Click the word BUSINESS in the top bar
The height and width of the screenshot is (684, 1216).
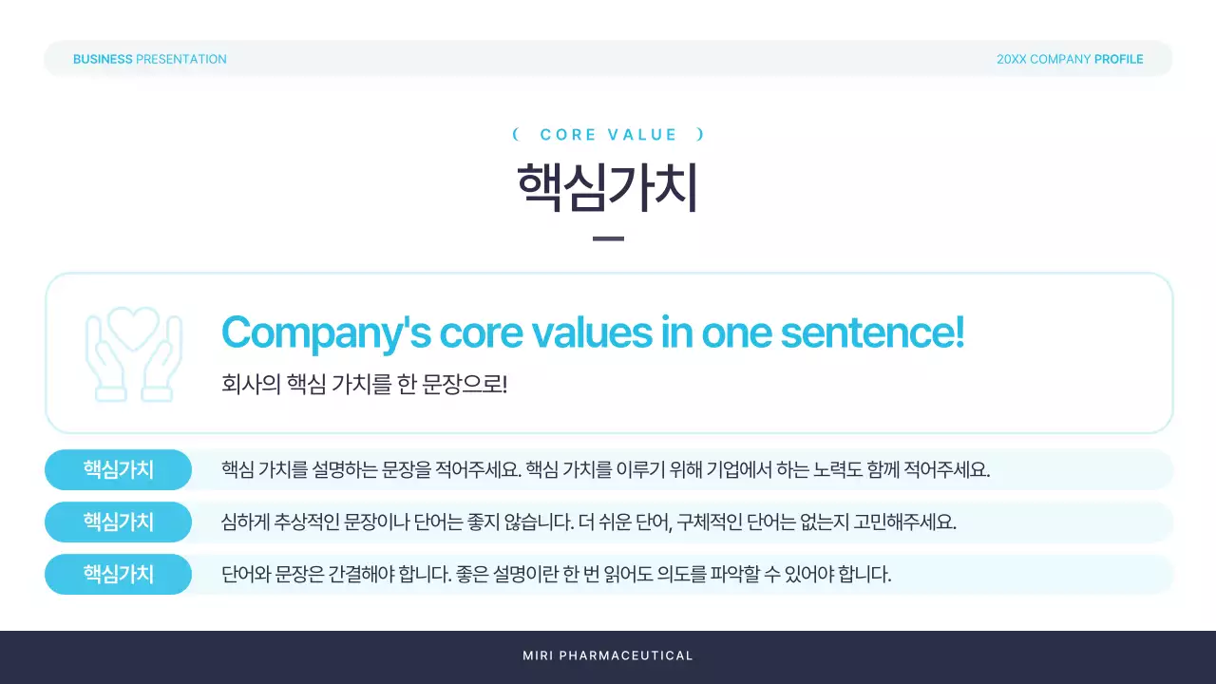103,59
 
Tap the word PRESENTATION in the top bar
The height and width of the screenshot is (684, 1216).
181,59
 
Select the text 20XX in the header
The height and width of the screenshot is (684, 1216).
1011,59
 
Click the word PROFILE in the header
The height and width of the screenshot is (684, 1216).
1118,59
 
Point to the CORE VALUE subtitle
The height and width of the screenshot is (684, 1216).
608,135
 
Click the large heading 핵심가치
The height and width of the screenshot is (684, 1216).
608,188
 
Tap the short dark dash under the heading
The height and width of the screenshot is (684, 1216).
608,238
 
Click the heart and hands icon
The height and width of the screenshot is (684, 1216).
133,352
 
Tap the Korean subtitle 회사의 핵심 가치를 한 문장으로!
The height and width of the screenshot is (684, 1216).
365,385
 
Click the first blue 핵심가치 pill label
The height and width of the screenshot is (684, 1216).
118,469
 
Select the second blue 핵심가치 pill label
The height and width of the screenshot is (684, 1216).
118,522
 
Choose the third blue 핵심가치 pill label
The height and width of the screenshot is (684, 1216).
118,574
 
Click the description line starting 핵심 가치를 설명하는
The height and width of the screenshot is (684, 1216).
605,469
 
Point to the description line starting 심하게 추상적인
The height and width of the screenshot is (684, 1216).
588,522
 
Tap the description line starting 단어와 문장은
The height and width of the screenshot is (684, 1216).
556,574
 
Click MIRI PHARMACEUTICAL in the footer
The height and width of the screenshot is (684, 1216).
608,655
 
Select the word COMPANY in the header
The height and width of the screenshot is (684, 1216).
1060,59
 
